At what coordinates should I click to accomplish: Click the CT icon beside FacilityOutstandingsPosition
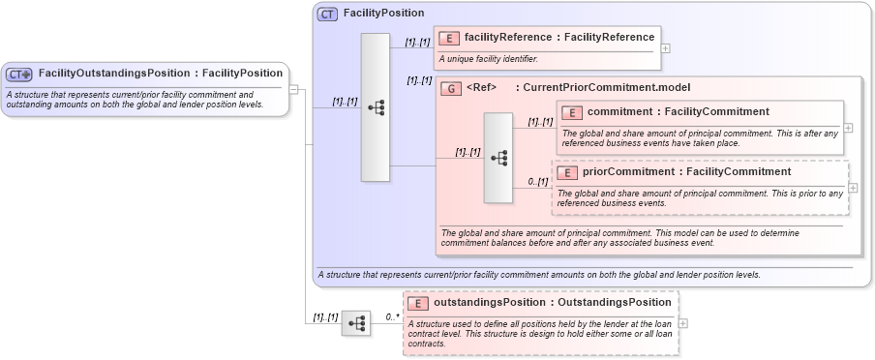tap(19, 74)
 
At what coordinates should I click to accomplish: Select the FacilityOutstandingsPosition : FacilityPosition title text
tap(159, 74)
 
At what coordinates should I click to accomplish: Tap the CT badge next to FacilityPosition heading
tap(328, 14)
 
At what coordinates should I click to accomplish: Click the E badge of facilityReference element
tap(449, 38)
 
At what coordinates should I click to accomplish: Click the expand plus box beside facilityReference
tap(666, 47)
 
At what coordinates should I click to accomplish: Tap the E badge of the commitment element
tap(572, 112)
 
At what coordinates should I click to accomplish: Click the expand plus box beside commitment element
tap(849, 127)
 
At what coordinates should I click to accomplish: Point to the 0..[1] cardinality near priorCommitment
tap(538, 181)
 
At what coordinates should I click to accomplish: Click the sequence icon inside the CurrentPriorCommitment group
tap(498, 158)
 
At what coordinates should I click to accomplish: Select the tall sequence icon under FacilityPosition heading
tap(376, 107)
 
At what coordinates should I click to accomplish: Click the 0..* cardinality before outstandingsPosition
tap(392, 316)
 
